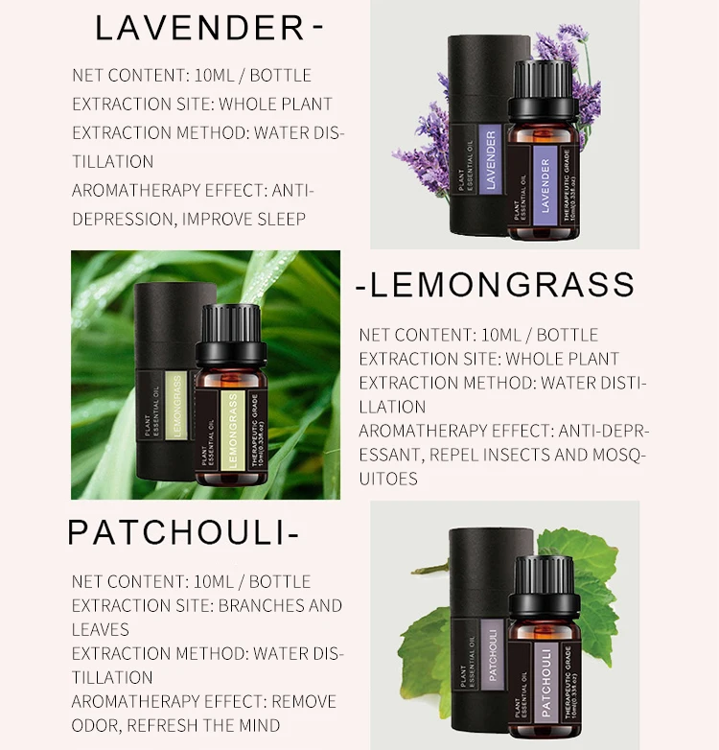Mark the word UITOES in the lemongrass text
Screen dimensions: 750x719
[x=388, y=478]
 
